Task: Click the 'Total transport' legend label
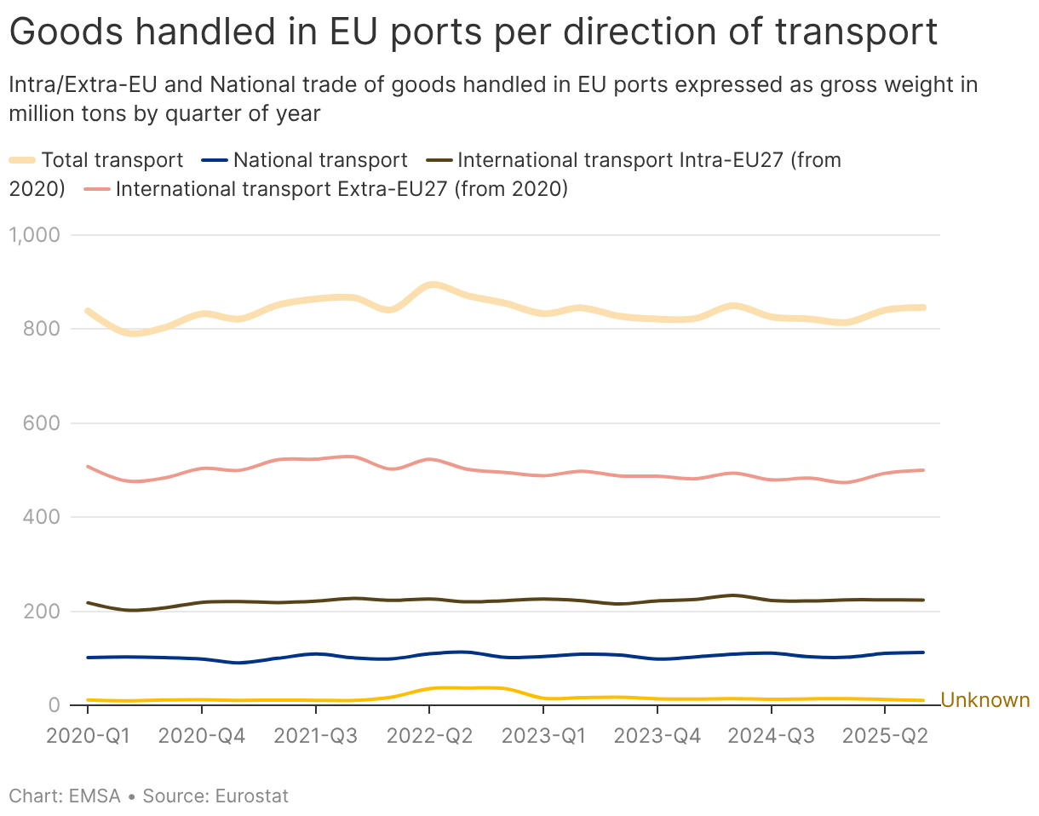pyautogui.click(x=112, y=160)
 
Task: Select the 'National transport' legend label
pyautogui.click(x=320, y=160)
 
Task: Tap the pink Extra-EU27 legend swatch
pyautogui.click(x=97, y=189)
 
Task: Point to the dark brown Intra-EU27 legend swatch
pyautogui.click(x=439, y=160)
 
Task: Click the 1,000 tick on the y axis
pyautogui.click(x=34, y=235)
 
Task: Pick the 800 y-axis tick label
pyautogui.click(x=41, y=329)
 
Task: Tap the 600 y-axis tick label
pyautogui.click(x=41, y=423)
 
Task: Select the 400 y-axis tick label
pyautogui.click(x=41, y=517)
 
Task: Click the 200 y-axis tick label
pyautogui.click(x=41, y=611)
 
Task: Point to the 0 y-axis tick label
pyautogui.click(x=54, y=705)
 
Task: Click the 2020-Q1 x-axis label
pyautogui.click(x=88, y=736)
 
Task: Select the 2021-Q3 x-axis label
pyautogui.click(x=316, y=736)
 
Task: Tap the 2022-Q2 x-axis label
pyautogui.click(x=429, y=736)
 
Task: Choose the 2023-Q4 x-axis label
pyautogui.click(x=657, y=736)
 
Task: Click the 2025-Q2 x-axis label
pyautogui.click(x=885, y=736)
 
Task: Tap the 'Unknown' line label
pyautogui.click(x=985, y=700)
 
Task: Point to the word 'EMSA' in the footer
pyautogui.click(x=95, y=796)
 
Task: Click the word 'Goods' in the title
pyautogui.click(x=66, y=32)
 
